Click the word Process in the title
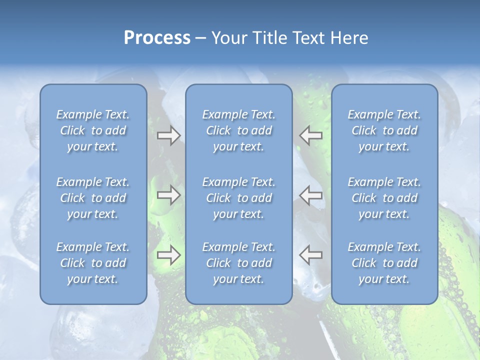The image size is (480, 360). pos(157,38)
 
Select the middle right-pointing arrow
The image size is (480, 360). pos(168,195)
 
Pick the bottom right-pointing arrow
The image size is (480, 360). pos(168,255)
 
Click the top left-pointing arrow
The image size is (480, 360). pos(310,135)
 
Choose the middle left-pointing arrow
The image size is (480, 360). pos(310,195)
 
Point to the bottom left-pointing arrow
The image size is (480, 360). pos(310,254)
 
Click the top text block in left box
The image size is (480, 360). pos(93,130)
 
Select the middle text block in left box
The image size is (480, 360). pos(93,198)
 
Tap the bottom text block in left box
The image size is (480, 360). pos(93,263)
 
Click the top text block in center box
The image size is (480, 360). pos(238,130)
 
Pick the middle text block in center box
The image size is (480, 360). pos(238,198)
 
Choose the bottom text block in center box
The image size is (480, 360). pos(238,263)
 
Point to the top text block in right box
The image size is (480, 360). pos(384,130)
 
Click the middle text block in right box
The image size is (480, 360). pos(384,198)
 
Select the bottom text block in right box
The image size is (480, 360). pos(384,263)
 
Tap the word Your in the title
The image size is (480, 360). pos(227,38)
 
